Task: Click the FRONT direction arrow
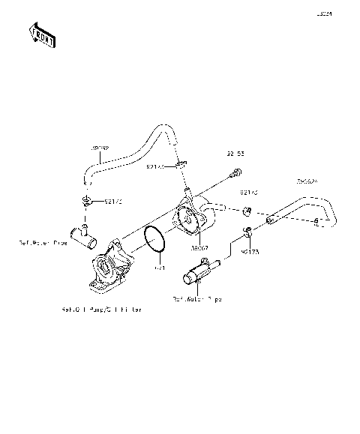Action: [x=42, y=35]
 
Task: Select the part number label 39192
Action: [x=100, y=148]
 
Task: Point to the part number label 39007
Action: [x=199, y=246]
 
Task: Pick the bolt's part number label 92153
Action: [x=236, y=154]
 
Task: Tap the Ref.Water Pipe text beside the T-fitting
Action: [x=43, y=242]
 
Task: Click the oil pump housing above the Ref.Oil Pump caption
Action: [x=109, y=269]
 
